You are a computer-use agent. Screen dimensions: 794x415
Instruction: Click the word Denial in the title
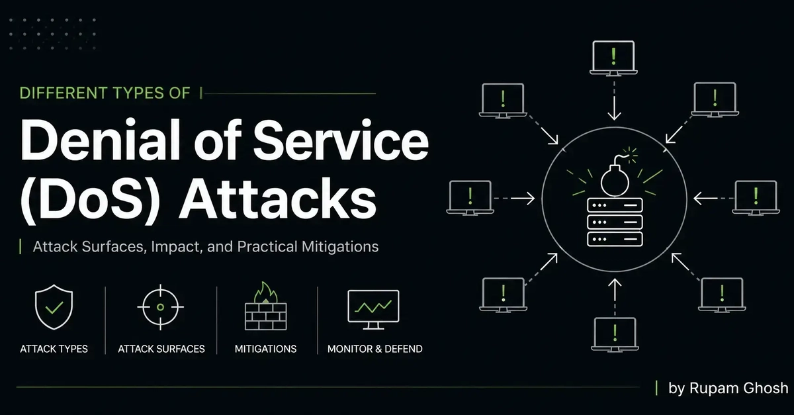(x=101, y=140)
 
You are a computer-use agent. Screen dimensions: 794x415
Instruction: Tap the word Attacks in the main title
(x=278, y=198)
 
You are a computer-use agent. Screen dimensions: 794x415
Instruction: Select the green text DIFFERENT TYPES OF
(x=105, y=93)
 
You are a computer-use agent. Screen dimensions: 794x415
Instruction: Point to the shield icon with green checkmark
(x=54, y=307)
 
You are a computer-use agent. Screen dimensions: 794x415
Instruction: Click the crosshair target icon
(x=161, y=307)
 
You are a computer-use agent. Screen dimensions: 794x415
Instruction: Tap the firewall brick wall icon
(x=266, y=316)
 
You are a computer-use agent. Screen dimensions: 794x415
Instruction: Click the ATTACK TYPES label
(x=54, y=349)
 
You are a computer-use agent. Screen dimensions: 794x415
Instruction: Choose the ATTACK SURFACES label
(x=161, y=349)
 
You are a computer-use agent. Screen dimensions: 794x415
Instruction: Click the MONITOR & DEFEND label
(x=375, y=349)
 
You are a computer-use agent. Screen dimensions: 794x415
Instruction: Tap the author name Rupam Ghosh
(x=738, y=388)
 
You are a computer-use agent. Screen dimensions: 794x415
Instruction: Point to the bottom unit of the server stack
(x=615, y=240)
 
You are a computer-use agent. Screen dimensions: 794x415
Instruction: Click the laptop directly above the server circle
(x=613, y=58)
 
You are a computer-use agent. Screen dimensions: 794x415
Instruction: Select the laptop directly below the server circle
(x=615, y=334)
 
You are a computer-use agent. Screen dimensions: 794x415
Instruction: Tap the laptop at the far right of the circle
(x=756, y=198)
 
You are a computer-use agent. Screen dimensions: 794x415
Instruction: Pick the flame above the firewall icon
(x=266, y=293)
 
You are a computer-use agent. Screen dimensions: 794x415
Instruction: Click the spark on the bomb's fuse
(x=631, y=155)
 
